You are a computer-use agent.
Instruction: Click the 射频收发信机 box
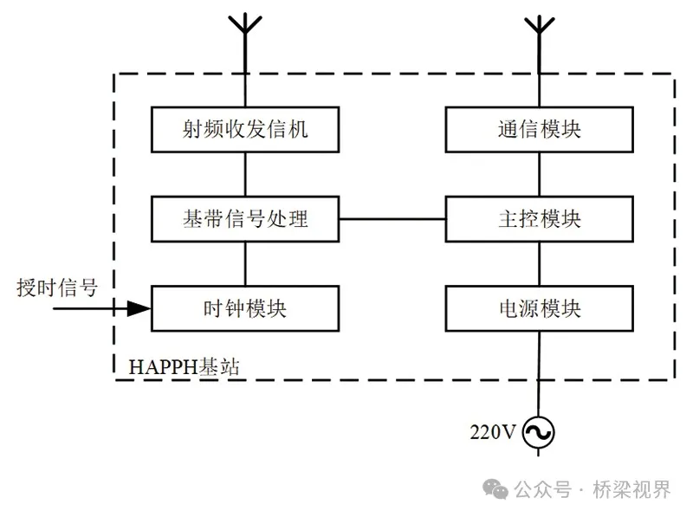(245, 129)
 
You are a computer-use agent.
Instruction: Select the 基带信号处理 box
(245, 218)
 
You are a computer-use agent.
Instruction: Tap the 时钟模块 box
(245, 307)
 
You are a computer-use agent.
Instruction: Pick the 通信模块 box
(539, 129)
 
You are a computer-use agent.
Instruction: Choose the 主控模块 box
(539, 218)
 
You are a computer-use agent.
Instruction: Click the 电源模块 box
(539, 307)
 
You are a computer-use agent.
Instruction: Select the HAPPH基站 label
(185, 365)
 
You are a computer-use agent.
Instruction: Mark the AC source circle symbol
(538, 430)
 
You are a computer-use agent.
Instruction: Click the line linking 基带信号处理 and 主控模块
(392, 218)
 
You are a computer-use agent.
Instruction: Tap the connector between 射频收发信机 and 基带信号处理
(245, 173)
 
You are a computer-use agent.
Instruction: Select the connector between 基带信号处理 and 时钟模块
(245, 262)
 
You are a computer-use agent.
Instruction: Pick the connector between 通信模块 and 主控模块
(539, 173)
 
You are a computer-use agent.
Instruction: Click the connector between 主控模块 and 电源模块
(539, 262)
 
